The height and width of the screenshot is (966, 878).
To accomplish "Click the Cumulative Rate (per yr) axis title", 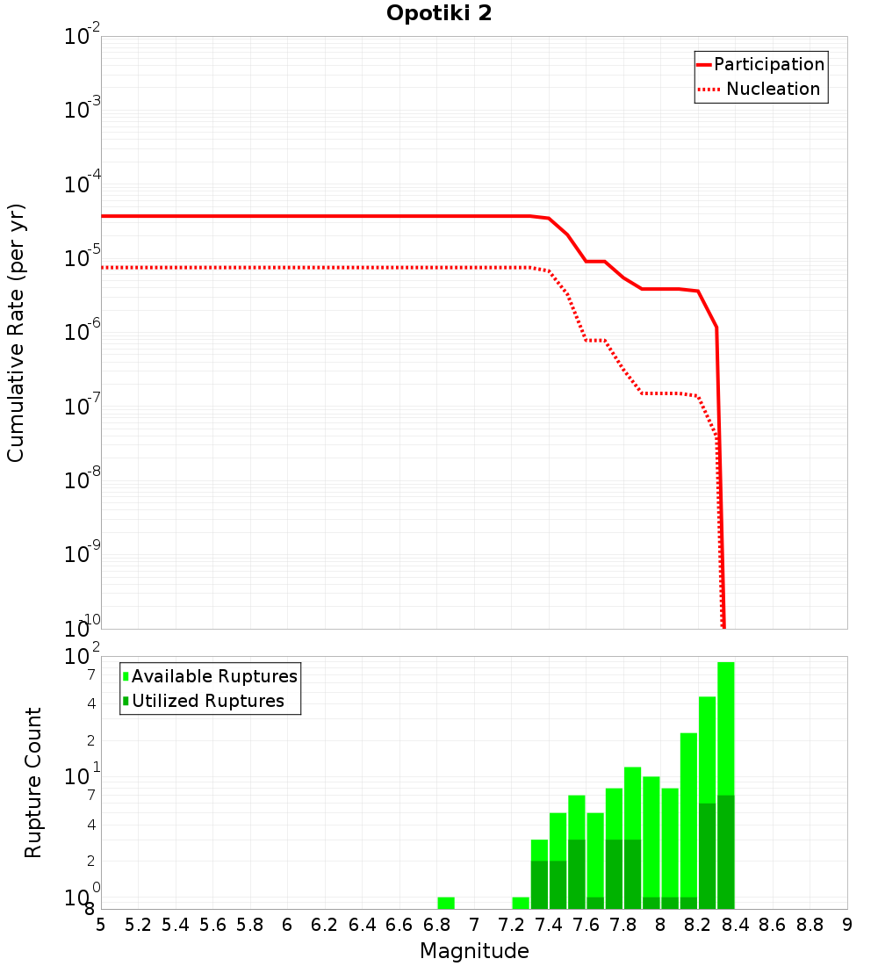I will (x=16, y=333).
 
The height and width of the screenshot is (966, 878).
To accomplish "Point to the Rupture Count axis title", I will (x=33, y=782).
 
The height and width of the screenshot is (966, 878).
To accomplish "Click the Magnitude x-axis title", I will (x=474, y=951).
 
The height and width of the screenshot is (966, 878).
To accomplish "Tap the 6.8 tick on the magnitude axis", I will (x=436, y=925).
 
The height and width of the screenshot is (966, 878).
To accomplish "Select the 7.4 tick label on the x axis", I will (x=549, y=925).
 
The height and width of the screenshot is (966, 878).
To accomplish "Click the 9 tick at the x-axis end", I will (x=847, y=925).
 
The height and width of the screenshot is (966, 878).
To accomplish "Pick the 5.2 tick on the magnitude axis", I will (x=138, y=925).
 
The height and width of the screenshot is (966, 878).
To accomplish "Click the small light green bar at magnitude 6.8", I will (x=446, y=903).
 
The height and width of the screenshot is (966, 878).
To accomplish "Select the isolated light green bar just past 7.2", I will (x=521, y=903).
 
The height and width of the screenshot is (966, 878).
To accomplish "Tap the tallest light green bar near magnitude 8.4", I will (x=725, y=729).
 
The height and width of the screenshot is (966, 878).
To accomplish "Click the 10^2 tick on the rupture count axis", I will (x=83, y=657).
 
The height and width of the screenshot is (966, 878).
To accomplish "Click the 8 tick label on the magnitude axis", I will (x=660, y=925).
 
